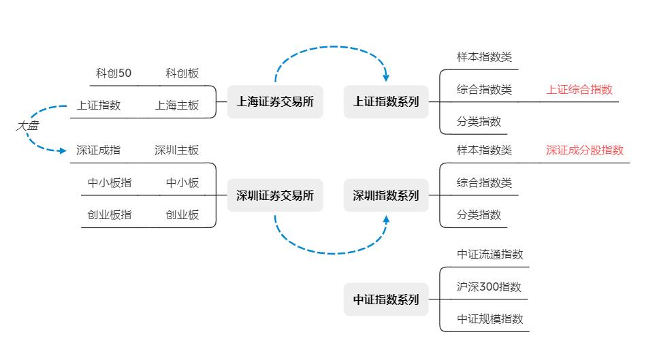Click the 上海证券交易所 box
coord(275,102)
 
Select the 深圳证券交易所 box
coord(275,196)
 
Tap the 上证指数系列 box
coord(386,102)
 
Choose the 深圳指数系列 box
coord(386,196)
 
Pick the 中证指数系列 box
coord(386,299)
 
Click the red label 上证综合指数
coord(579,90)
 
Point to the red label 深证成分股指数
coord(585,150)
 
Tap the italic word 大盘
coord(27,126)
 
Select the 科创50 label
coord(114,73)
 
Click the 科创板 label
coord(182,73)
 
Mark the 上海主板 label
coord(177,105)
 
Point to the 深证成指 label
coord(99,150)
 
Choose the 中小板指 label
coord(110,182)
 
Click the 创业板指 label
coord(110,215)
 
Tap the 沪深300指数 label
coord(489,287)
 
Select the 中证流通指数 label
coord(490,255)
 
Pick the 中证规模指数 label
coord(490,318)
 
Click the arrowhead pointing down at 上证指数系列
coord(386,78)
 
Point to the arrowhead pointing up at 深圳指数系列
coord(386,220)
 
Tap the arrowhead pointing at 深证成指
coord(63,150)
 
